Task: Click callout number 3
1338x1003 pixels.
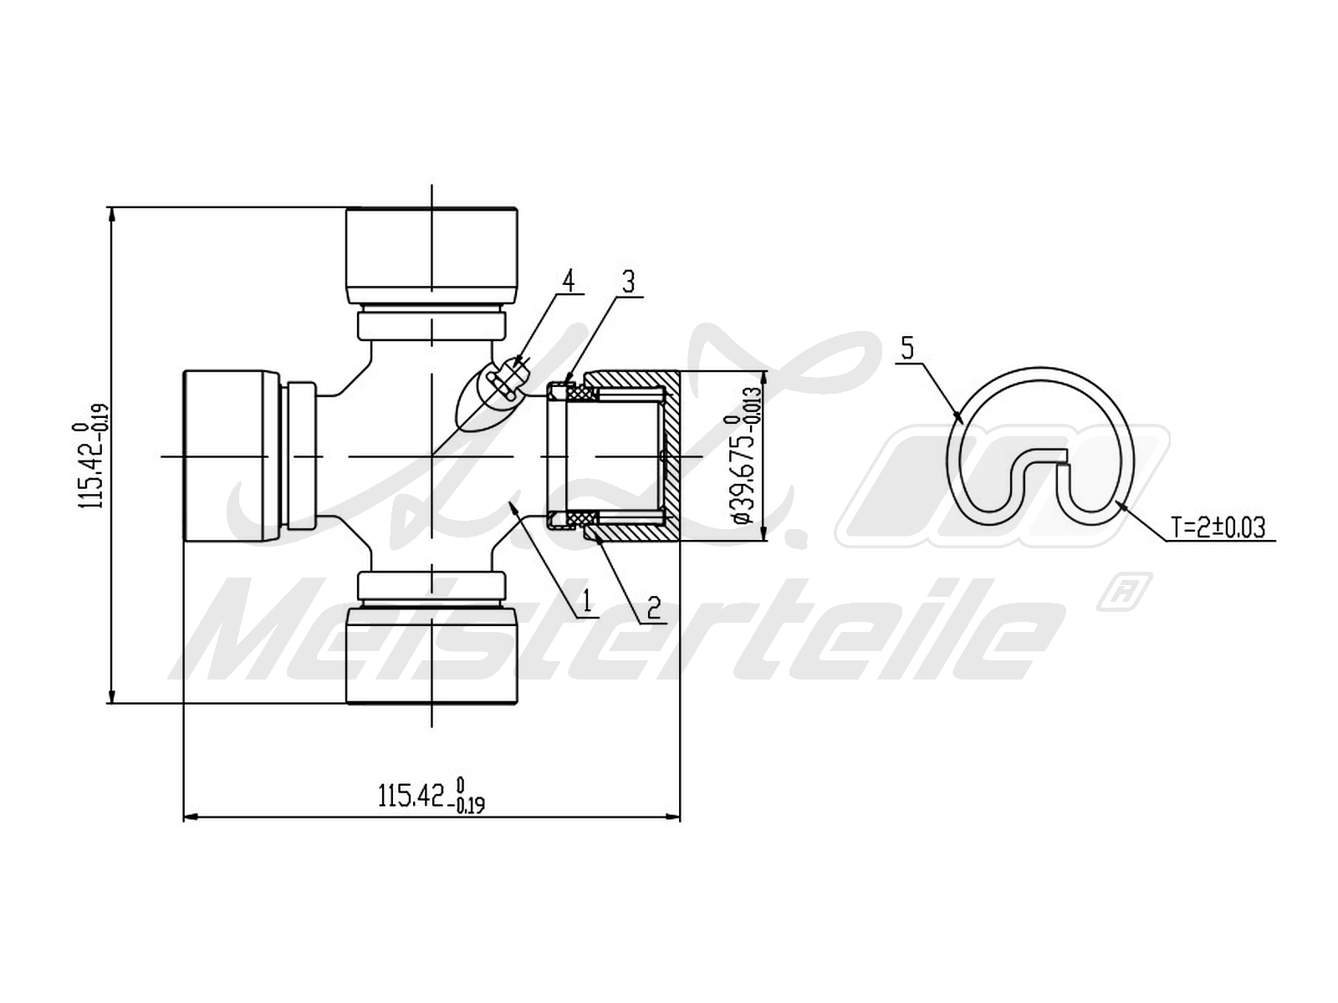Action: [x=628, y=282]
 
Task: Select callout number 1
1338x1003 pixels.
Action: [x=586, y=600]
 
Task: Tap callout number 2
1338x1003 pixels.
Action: [x=653, y=608]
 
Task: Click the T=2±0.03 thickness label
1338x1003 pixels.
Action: [x=1218, y=527]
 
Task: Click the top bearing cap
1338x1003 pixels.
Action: [x=432, y=256]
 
